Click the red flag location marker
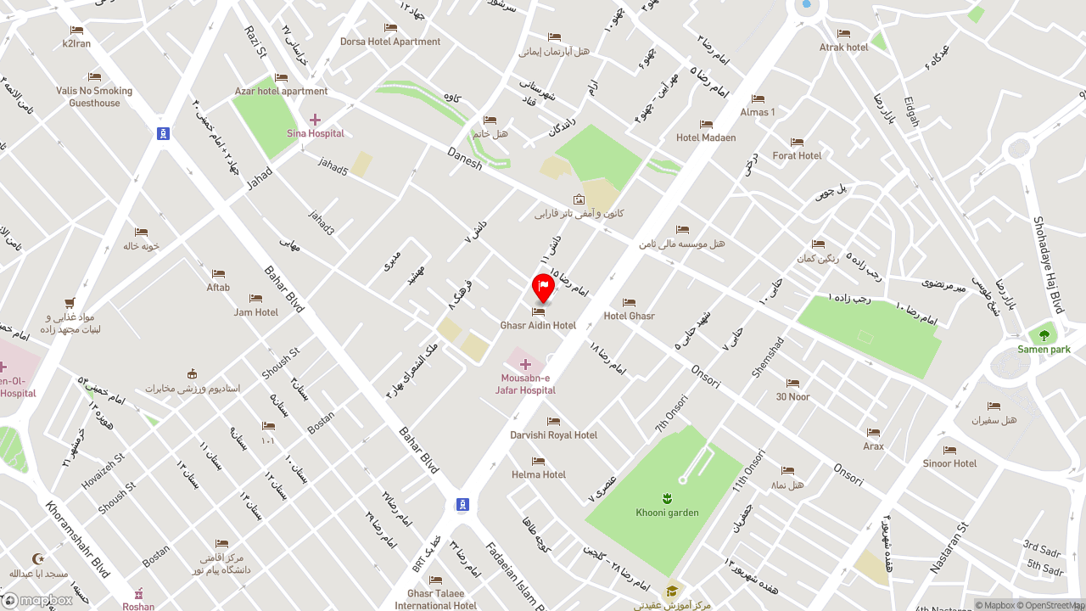coord(543,287)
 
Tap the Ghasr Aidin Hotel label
coord(538,326)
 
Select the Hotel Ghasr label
coord(629,317)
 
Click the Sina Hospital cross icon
coord(315,120)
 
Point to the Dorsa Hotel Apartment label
coord(390,42)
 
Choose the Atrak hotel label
coord(843,48)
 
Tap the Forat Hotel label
coord(797,156)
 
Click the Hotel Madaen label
coord(706,137)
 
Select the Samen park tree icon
coord(1044,335)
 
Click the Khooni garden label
coord(667,513)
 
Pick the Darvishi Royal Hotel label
coord(553,435)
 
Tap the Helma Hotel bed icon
coord(538,461)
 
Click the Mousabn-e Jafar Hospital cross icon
coord(525,365)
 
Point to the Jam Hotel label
coord(255,312)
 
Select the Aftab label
coord(218,288)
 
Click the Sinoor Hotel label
coord(949,463)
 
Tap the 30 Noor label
coord(792,397)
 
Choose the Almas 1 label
coord(758,112)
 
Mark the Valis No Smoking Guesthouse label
coord(94,97)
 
